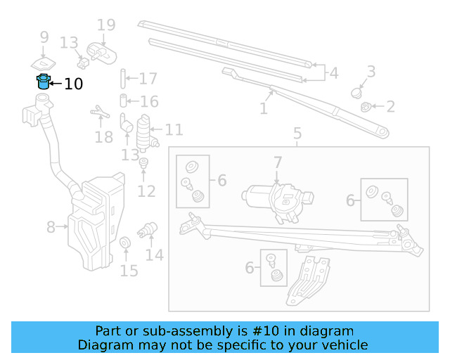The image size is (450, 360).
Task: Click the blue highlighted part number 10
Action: (x=44, y=82)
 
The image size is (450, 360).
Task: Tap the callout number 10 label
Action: (x=73, y=84)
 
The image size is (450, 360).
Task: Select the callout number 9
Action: (x=44, y=37)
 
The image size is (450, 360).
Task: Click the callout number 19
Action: (x=105, y=26)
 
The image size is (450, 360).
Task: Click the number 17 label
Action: (x=148, y=79)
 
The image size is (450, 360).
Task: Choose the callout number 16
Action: (x=148, y=102)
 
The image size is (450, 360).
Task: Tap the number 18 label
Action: (x=103, y=136)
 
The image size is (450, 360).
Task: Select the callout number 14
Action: (x=154, y=255)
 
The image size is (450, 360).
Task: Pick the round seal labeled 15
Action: (x=125, y=243)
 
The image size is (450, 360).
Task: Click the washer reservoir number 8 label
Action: (x=51, y=227)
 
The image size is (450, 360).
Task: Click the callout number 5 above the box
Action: (x=297, y=133)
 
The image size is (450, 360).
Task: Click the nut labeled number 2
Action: (x=366, y=107)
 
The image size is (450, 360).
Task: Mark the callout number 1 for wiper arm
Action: (x=264, y=109)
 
